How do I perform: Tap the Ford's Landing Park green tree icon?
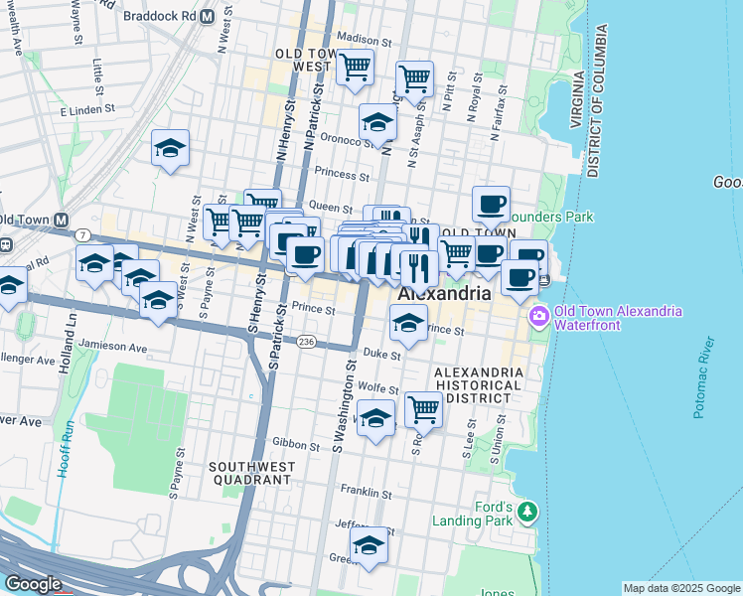[x=527, y=512]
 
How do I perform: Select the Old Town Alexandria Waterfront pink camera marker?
[x=538, y=317]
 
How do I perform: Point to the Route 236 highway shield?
[x=306, y=341]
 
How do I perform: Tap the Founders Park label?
[x=548, y=217]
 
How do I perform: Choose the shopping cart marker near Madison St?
[x=355, y=69]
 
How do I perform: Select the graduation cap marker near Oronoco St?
[x=377, y=123]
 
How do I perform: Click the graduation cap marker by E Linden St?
[x=171, y=149]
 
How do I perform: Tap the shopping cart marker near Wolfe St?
[x=423, y=407]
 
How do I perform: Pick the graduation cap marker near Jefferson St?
[x=369, y=545]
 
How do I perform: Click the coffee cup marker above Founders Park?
[x=491, y=205]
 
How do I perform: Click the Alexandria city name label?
[x=444, y=295]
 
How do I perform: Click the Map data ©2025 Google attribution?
[x=681, y=588]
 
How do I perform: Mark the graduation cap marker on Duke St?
[x=407, y=323]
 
